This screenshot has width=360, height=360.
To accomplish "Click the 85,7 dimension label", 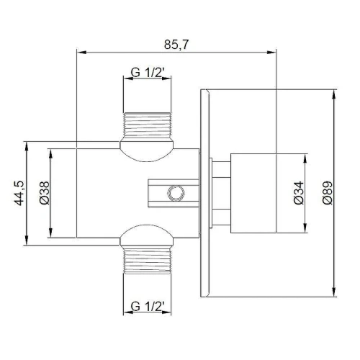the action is [176, 45].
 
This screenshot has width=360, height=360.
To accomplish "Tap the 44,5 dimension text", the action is [19, 193].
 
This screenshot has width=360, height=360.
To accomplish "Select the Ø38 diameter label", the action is [45, 193].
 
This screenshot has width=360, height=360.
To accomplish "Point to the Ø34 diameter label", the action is [299, 193].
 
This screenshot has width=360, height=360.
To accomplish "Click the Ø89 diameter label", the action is [328, 193].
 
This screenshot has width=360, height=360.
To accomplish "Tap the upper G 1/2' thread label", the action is [148, 73].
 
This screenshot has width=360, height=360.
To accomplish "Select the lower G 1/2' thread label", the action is [148, 307].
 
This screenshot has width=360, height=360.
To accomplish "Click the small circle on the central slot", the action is [176, 193].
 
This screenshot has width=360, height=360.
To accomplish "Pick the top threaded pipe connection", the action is [147, 125].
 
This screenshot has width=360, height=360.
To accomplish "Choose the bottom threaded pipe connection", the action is [147, 261].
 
